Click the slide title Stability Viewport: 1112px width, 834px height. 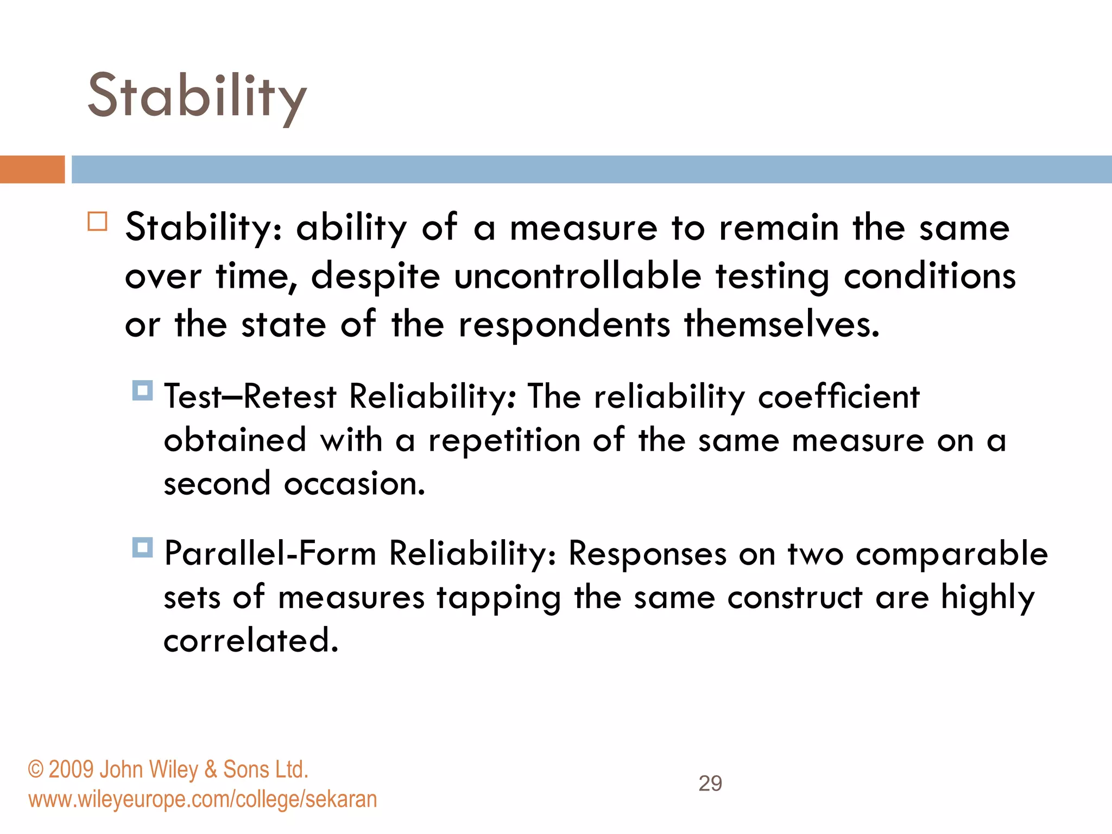click(x=197, y=97)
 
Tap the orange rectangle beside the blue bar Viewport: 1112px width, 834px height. click(x=32, y=169)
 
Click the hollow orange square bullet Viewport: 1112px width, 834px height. click(x=98, y=222)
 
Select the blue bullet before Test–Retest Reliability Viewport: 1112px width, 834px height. click(x=142, y=390)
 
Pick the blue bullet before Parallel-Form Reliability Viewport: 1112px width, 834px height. click(x=142, y=547)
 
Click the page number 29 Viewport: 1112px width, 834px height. click(x=710, y=784)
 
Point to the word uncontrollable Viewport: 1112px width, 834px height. click(x=578, y=276)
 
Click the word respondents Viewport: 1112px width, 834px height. click(x=564, y=325)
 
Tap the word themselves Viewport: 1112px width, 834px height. click(x=781, y=325)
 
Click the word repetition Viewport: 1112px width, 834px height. click(x=504, y=440)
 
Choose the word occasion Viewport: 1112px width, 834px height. click(x=354, y=483)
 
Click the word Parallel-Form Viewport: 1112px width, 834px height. click(x=270, y=553)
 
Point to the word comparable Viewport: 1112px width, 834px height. click(x=951, y=554)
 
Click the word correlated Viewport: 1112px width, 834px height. click(x=251, y=641)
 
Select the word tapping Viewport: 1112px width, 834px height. click(x=498, y=598)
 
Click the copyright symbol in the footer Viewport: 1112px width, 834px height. click(x=35, y=770)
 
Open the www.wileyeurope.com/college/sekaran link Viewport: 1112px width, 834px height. click(x=203, y=800)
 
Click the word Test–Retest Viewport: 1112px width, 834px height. click(x=250, y=396)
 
